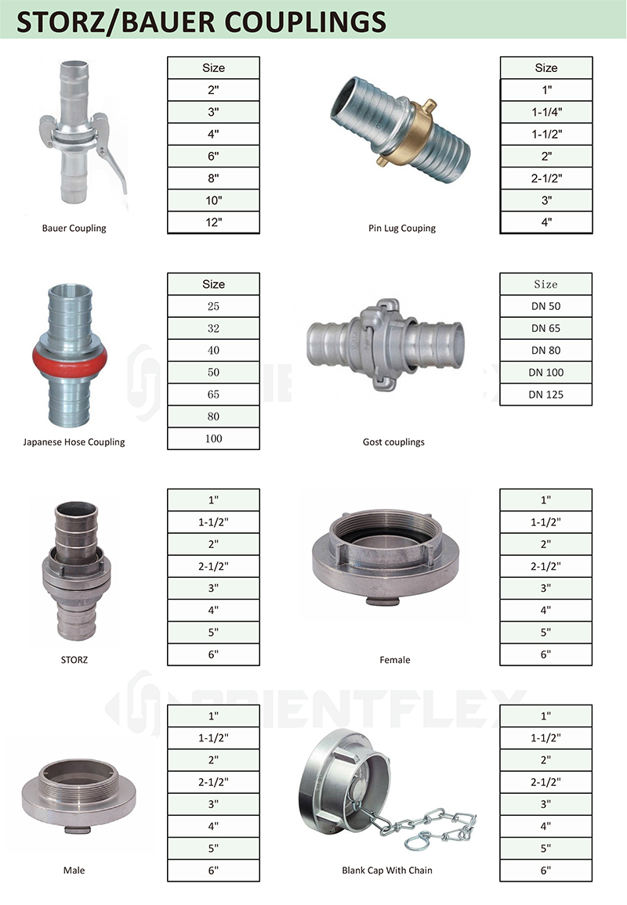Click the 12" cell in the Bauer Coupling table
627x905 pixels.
(x=213, y=222)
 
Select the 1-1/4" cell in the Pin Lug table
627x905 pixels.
(x=546, y=112)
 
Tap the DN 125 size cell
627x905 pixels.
(x=546, y=395)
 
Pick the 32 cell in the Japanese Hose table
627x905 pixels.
(x=213, y=328)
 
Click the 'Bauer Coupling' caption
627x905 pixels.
(x=74, y=228)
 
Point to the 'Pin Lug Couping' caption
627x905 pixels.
(x=402, y=228)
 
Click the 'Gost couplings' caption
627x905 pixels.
(x=393, y=442)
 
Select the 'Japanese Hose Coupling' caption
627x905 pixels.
(x=74, y=442)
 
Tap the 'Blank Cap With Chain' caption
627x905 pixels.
(x=387, y=871)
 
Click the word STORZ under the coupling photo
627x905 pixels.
(x=74, y=660)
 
